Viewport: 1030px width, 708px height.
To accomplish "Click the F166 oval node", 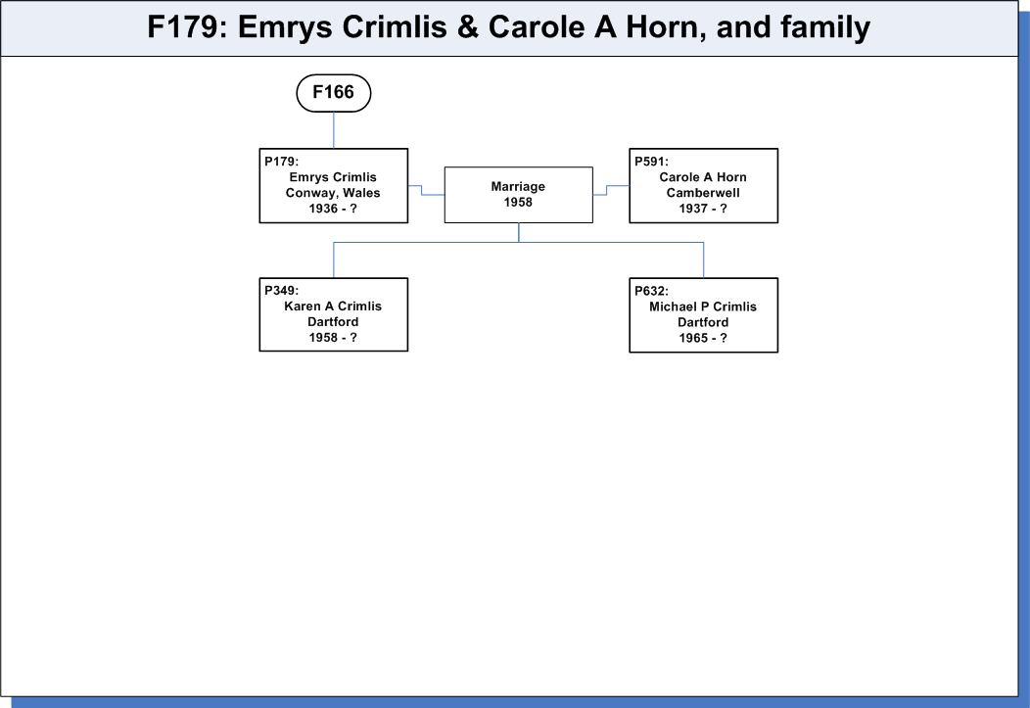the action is (x=334, y=93).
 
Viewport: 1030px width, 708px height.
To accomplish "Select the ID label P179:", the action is (x=281, y=162).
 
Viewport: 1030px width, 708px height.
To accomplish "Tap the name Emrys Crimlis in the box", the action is (x=333, y=177).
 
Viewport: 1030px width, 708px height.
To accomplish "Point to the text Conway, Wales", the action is (x=333, y=193).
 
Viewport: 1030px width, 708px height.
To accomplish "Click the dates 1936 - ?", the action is (x=333, y=209).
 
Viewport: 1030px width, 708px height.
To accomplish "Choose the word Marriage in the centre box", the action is (x=518, y=186).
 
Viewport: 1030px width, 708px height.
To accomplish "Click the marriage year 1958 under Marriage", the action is (x=518, y=203).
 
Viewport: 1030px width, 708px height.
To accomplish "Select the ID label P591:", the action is (x=651, y=162).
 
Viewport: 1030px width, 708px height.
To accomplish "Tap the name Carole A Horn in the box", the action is (x=703, y=177).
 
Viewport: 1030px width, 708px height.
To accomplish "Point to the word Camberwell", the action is (x=703, y=193).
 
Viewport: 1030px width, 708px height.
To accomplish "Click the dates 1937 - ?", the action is (x=703, y=209).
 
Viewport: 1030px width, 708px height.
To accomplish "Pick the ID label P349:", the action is (x=281, y=290).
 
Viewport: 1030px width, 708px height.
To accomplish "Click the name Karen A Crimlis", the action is (x=333, y=307).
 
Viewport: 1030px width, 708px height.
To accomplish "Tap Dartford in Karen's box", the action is (x=333, y=322).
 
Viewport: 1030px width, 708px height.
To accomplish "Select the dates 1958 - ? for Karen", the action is (x=333, y=338).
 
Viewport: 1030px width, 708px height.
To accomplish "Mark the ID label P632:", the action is (x=651, y=291).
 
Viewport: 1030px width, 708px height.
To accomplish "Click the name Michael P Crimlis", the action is (x=703, y=307).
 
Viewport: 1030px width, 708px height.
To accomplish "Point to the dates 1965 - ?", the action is (x=703, y=338).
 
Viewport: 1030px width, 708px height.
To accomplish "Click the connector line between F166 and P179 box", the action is (x=334, y=130).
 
